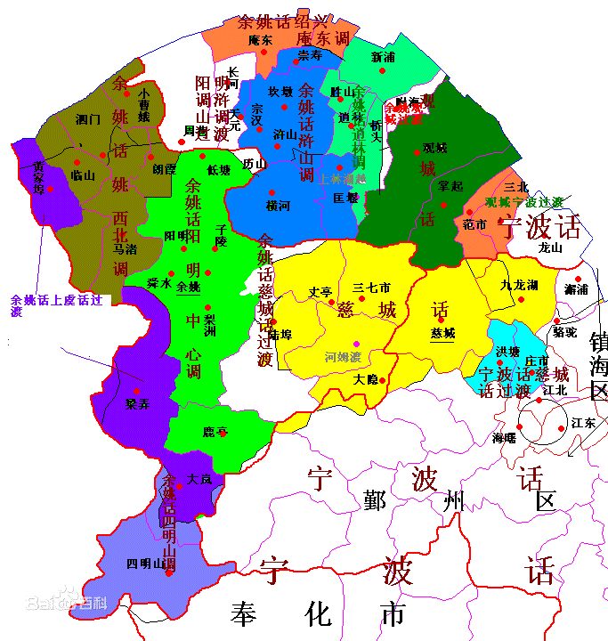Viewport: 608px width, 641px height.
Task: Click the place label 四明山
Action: (146, 564)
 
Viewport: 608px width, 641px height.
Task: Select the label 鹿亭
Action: (215, 432)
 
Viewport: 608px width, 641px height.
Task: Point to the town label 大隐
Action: (365, 379)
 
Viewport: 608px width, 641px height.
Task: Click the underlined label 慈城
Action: (442, 334)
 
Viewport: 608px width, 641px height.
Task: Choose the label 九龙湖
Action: (519, 285)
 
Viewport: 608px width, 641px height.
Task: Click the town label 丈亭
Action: (320, 291)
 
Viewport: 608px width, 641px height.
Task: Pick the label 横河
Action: (279, 205)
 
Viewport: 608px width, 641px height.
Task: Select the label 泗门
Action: (88, 118)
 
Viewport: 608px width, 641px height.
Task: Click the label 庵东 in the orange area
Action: (261, 40)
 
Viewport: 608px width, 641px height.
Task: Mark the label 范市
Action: (474, 224)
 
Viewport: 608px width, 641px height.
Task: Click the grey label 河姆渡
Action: (343, 357)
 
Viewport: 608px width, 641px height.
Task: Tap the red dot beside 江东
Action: (561, 428)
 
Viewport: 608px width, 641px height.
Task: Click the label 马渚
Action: (125, 250)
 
